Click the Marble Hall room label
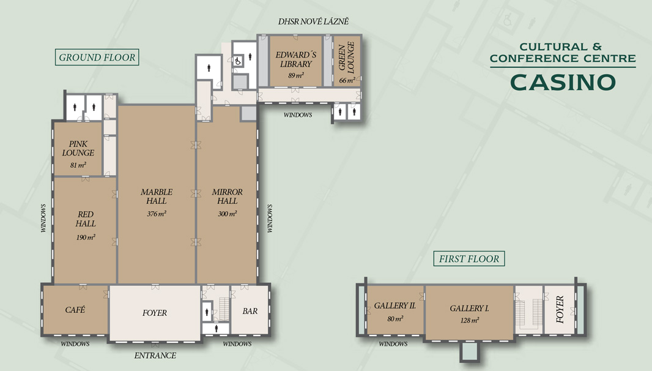point(157,197)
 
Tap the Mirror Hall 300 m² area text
point(227,214)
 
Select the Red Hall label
point(86,219)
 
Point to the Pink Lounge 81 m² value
point(78,165)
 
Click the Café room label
point(75,310)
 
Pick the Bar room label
point(250,311)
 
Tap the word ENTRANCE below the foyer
point(155,356)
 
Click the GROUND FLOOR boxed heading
point(97,58)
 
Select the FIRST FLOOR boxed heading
point(469,258)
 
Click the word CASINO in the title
point(563,83)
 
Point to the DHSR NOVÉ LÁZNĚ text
point(314,21)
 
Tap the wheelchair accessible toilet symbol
point(238,61)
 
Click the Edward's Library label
point(295,59)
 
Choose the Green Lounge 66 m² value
point(347,80)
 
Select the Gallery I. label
point(469,309)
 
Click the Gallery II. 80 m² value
point(395,319)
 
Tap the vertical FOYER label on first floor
point(560,309)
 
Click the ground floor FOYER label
point(155,313)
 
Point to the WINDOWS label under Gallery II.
point(393,344)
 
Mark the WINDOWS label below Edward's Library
point(298,115)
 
